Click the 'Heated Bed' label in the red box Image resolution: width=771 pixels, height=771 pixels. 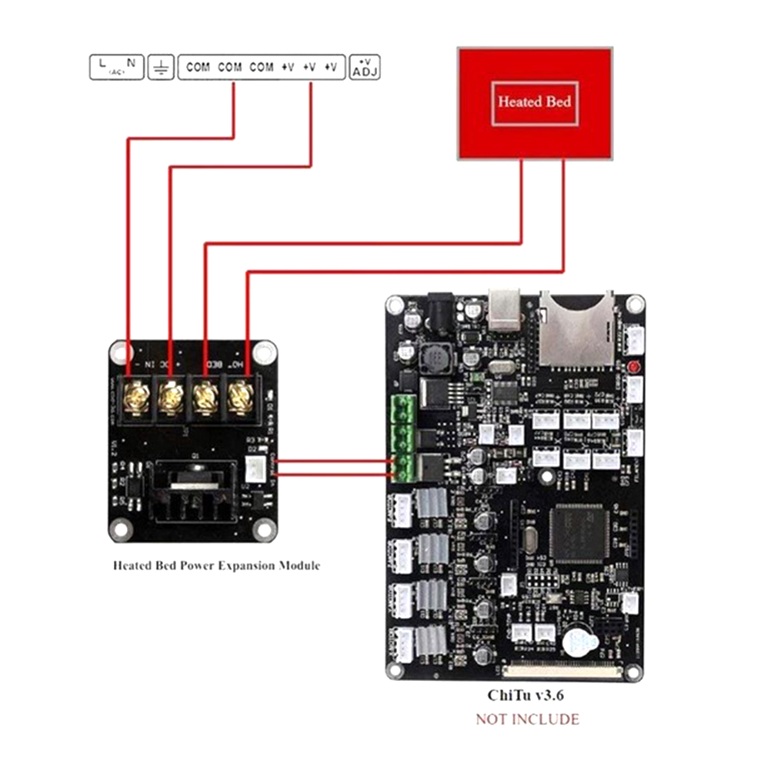click(x=535, y=101)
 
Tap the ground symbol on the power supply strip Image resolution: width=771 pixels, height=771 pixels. click(x=162, y=68)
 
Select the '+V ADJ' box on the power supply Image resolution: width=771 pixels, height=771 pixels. click(x=365, y=68)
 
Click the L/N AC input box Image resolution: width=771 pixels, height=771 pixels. click(x=115, y=67)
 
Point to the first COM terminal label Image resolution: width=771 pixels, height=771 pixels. click(x=198, y=68)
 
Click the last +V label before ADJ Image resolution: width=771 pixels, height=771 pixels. click(x=330, y=68)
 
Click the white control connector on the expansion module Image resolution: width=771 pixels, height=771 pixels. click(x=254, y=467)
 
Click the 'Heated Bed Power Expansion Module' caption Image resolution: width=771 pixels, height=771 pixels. click(x=216, y=566)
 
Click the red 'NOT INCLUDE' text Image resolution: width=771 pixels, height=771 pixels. click(x=527, y=719)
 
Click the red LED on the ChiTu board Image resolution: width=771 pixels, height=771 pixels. click(x=635, y=366)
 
